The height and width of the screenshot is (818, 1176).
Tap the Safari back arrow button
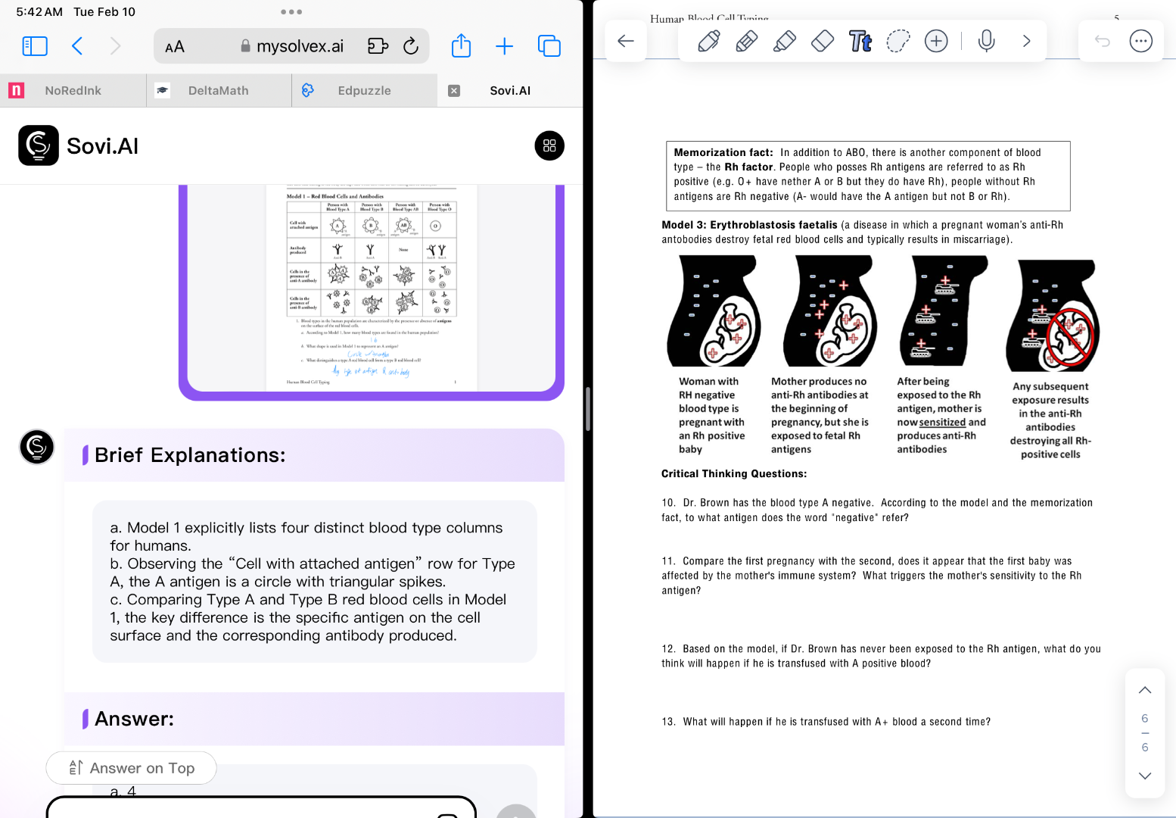(77, 46)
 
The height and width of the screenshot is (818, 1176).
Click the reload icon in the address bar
(411, 46)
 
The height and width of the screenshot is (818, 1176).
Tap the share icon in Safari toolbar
(461, 46)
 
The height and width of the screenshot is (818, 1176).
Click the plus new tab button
(504, 46)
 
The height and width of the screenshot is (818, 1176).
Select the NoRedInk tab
(73, 91)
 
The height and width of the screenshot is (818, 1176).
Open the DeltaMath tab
(218, 91)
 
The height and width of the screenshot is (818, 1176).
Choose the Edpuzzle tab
(364, 91)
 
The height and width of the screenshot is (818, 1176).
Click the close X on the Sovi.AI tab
(454, 91)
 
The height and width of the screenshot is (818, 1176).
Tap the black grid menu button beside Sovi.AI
(549, 145)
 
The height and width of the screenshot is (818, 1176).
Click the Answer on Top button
(132, 768)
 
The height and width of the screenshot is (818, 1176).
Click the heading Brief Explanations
(190, 455)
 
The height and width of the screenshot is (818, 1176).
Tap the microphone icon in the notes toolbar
(986, 41)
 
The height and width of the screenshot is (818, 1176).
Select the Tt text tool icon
(860, 41)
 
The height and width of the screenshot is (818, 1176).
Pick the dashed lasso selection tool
(898, 41)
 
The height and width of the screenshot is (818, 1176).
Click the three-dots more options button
(1140, 41)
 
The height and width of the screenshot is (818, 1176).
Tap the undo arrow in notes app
(1102, 41)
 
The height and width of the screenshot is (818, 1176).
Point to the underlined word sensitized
(942, 423)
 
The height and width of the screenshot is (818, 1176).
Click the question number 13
(668, 722)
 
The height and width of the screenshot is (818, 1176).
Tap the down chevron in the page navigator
(1145, 776)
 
